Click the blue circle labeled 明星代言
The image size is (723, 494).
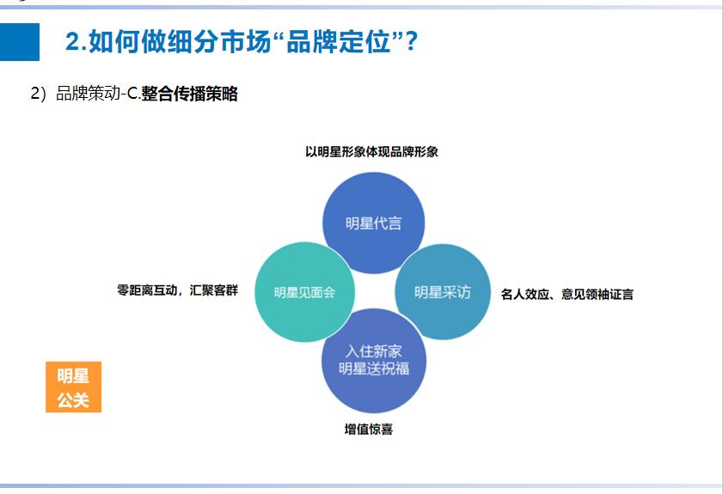[373, 223]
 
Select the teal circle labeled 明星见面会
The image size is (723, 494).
[303, 292]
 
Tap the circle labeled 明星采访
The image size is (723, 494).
[443, 292]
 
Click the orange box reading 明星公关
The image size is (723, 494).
[73, 387]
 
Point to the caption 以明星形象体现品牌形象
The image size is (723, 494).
[372, 152]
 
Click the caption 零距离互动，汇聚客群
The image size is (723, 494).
[177, 290]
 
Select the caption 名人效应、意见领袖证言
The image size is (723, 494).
[567, 294]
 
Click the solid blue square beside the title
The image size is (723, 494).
[20, 41]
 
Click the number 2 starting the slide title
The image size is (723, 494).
[72, 42]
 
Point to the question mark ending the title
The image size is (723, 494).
[410, 42]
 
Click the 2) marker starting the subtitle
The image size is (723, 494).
[38, 95]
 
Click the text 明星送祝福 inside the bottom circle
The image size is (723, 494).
[373, 369]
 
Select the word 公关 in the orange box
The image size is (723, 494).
[73, 400]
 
